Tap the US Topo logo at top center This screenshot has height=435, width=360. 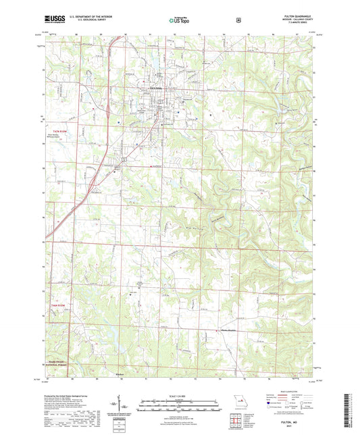(178, 21)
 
